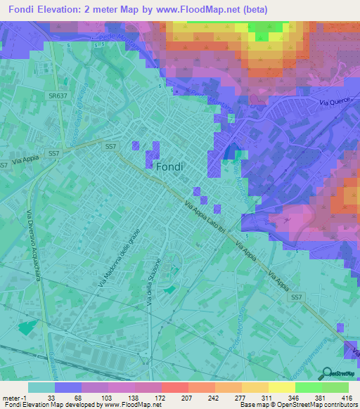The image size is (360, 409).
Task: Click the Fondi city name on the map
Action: pos(168,167)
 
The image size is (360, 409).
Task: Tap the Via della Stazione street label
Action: pos(153,281)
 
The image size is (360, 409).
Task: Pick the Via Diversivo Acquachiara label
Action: pos(33,251)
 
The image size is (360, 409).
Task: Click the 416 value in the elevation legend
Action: pos(347,397)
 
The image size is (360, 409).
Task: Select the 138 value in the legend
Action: pos(129,397)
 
